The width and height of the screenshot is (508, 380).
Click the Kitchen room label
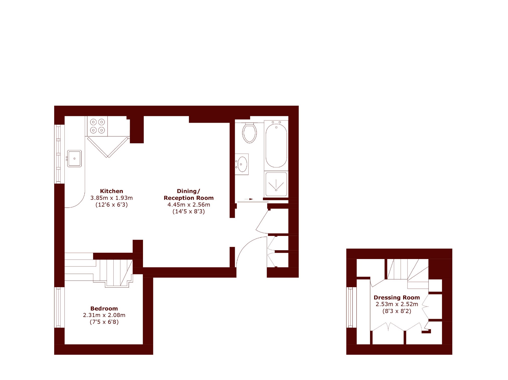111,191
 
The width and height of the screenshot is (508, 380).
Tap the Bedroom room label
104,308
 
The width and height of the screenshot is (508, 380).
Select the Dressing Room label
397,298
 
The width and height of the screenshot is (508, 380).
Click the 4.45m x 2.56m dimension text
189,205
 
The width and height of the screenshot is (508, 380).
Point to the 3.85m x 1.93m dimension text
111,198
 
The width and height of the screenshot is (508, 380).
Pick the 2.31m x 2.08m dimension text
104,315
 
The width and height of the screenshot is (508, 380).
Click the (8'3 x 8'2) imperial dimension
397,311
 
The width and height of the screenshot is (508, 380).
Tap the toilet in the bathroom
249,133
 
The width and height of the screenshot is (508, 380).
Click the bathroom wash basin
242,164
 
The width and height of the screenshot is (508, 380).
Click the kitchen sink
74,159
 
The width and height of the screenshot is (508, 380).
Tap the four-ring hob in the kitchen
97,126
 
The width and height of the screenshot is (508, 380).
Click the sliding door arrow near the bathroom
249,199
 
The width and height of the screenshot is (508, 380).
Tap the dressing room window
351,307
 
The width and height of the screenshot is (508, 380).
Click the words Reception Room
189,198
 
